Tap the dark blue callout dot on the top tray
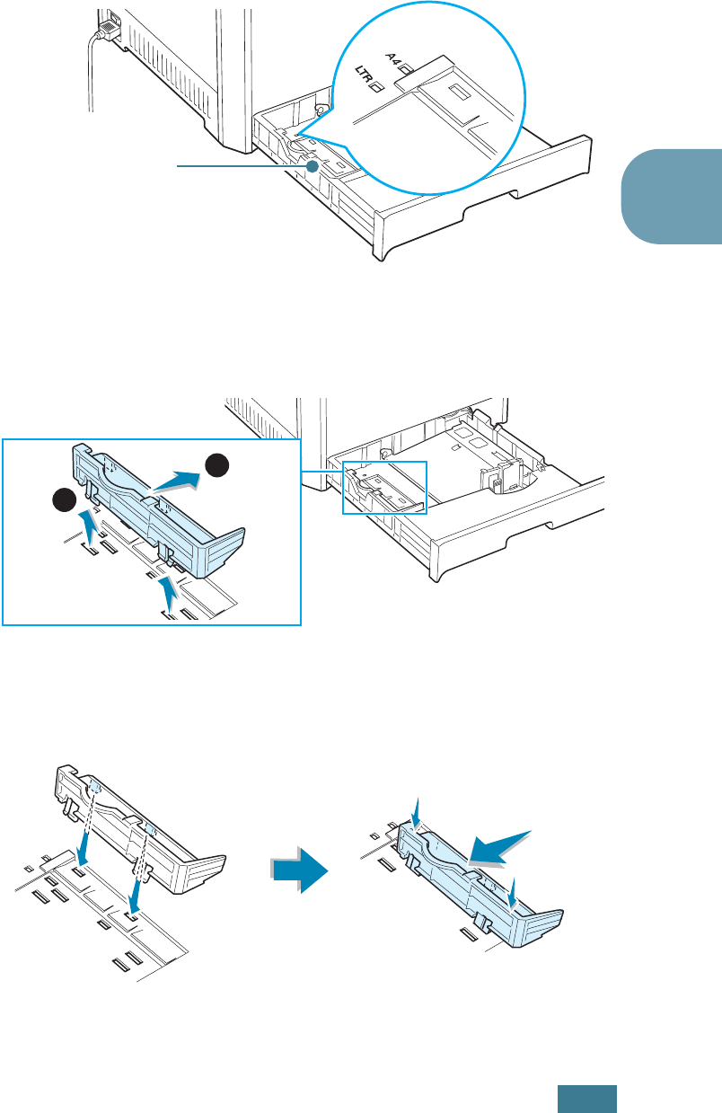311,166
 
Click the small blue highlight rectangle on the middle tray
383,488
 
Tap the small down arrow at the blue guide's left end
415,812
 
